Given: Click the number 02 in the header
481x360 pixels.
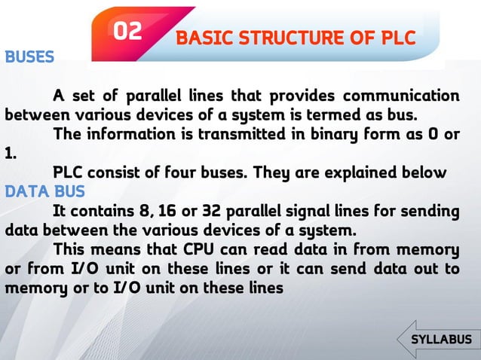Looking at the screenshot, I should click(127, 31).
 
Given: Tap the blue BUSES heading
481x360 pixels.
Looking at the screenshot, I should click(29, 57).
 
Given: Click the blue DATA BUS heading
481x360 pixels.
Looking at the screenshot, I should click(45, 191).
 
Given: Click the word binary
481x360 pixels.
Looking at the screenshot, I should click(334, 136).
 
